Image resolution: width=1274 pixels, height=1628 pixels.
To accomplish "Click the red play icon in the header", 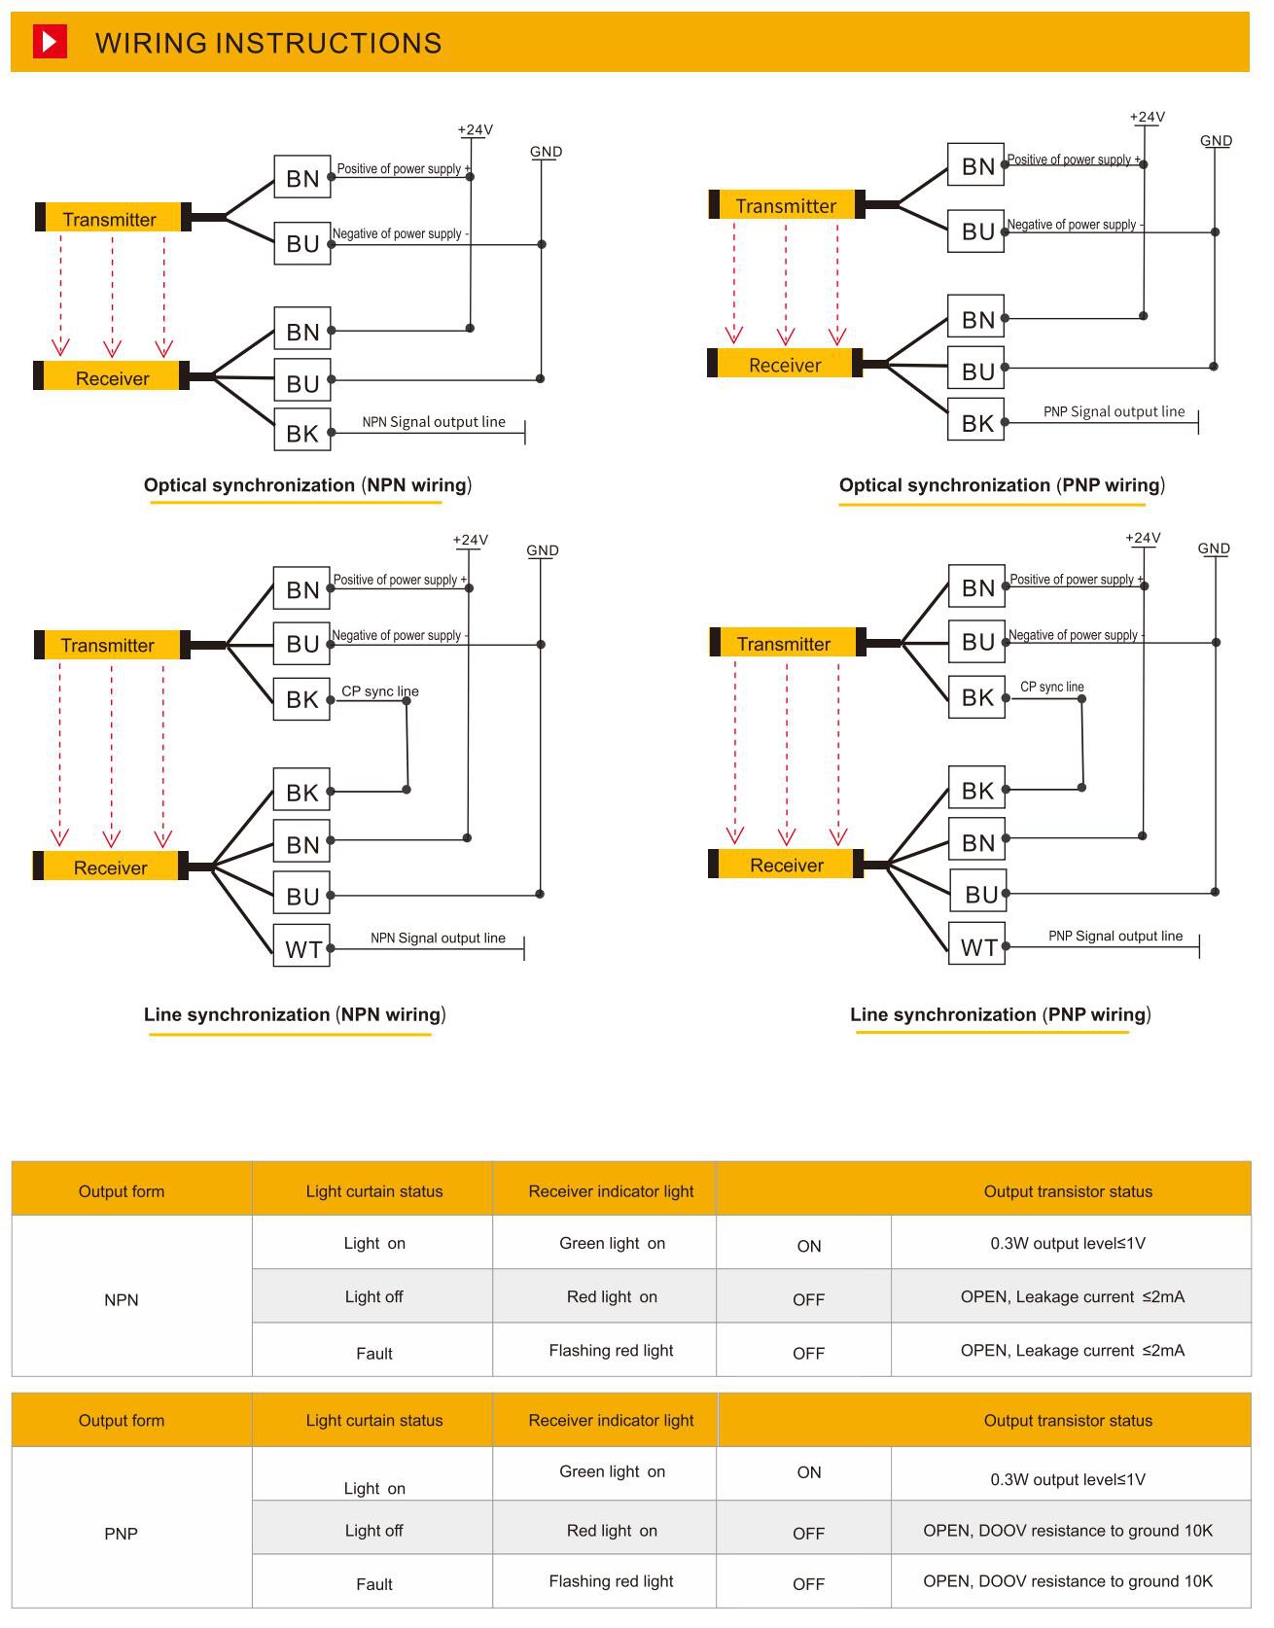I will coord(50,42).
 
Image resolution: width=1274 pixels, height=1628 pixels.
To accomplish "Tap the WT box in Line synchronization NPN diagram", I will coord(302,947).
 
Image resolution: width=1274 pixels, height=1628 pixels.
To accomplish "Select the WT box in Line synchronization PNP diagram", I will coord(977,945).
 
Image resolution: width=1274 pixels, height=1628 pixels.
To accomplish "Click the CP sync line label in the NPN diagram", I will coord(379,691).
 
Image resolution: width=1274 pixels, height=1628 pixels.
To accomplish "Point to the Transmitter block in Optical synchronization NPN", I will coord(110,219).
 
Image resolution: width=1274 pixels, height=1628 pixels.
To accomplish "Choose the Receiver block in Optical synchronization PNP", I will coord(785,365).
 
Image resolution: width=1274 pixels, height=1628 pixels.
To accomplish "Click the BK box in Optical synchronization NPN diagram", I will coord(302,432).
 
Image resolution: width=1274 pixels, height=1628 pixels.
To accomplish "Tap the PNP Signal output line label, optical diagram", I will coord(1114,411).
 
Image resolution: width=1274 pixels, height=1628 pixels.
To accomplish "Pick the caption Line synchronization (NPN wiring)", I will coord(295,1014).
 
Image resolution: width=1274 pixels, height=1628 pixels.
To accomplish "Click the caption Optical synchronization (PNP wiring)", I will coord(1001,484).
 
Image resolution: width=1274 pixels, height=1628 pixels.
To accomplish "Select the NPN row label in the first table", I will coord(122,1299).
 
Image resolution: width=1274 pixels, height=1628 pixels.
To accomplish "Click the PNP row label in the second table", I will coord(122,1534).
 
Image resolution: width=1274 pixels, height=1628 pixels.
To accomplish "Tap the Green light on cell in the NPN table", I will coord(612,1243).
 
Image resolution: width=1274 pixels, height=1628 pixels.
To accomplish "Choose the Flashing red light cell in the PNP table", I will coord(611,1581).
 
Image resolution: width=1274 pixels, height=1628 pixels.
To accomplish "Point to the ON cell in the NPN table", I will coord(808,1246).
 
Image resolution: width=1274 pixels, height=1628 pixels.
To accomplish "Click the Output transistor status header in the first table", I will coord(1067,1191).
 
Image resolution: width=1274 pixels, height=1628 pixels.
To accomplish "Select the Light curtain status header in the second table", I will coord(373,1420).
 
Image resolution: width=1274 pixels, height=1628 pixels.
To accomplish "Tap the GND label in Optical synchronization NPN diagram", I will coord(546,152).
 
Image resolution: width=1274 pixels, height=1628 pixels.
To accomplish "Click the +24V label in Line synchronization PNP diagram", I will coord(1143,538).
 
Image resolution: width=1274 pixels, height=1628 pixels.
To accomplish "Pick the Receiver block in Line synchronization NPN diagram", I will coord(111,867).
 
